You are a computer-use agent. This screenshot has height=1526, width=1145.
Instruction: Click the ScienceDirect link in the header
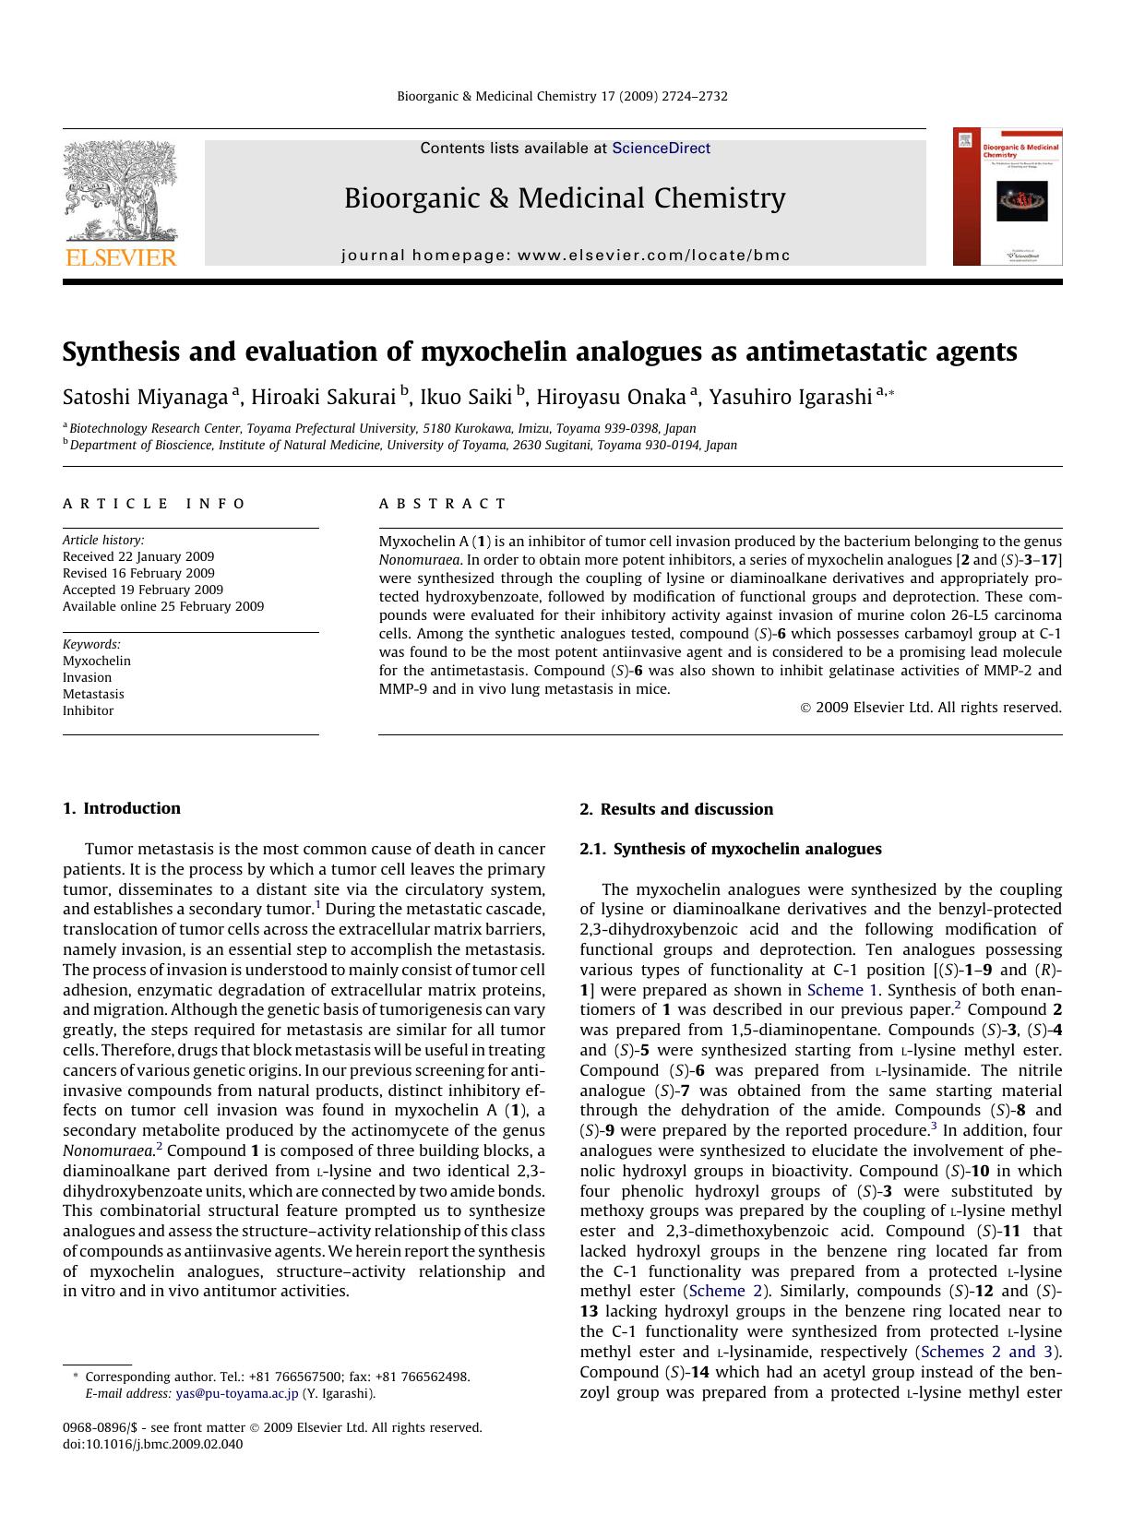click(661, 148)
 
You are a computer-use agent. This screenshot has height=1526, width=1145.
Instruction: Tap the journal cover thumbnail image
click(1008, 197)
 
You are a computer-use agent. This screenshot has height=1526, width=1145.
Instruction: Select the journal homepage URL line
click(566, 256)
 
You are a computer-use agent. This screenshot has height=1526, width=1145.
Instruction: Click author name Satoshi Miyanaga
click(146, 397)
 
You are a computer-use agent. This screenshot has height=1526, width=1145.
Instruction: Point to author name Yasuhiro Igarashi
click(791, 397)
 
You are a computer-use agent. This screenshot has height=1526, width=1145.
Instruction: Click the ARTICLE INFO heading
click(154, 504)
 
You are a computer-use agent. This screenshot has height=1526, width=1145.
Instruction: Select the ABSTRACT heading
click(442, 504)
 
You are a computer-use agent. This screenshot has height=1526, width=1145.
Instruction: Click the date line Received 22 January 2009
click(138, 556)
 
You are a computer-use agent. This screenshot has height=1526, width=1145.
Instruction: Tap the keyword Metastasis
click(93, 694)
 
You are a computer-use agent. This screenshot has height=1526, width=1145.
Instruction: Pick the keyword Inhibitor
click(89, 710)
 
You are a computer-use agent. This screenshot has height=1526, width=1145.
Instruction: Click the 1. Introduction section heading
click(122, 808)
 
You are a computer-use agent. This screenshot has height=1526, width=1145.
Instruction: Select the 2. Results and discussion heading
click(676, 809)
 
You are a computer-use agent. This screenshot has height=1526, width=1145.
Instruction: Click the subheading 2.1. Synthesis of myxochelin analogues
click(731, 849)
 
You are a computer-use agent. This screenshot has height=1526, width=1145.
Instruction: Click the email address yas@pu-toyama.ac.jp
click(237, 1393)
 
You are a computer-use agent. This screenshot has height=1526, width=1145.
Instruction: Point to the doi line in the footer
click(153, 1444)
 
